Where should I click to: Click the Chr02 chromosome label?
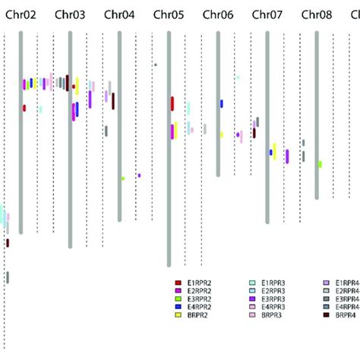(21, 14)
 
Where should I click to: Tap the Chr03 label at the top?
(70, 14)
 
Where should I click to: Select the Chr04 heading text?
(119, 14)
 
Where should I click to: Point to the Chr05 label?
(169, 14)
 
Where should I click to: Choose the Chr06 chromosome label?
(218, 14)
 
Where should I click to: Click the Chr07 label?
(267, 14)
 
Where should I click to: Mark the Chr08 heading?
(316, 14)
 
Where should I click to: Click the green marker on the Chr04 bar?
(122, 178)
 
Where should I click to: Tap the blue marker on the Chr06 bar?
(222, 103)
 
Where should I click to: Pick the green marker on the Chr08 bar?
(321, 164)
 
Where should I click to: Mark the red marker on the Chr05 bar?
(172, 104)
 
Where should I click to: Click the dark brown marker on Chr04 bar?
(113, 101)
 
